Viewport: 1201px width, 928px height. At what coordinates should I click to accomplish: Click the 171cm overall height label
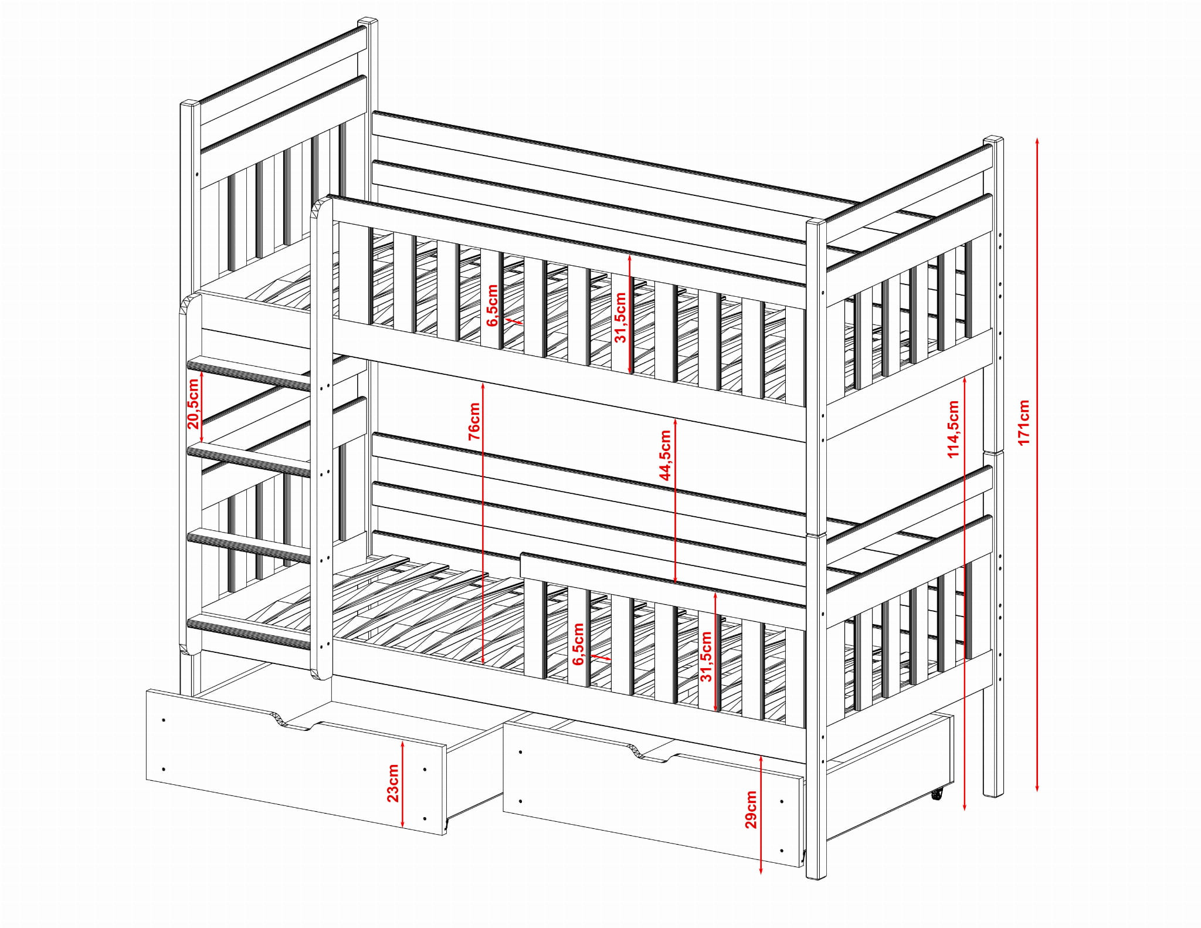tap(1023, 422)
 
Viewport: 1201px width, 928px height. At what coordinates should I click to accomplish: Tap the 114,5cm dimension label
tap(953, 429)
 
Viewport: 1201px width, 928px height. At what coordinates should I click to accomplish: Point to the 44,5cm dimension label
tap(665, 455)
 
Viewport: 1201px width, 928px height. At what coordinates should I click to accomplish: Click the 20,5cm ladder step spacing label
tap(194, 404)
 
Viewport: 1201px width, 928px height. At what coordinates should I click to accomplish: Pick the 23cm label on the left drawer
tap(392, 783)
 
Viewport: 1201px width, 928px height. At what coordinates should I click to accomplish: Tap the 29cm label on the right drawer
tap(751, 810)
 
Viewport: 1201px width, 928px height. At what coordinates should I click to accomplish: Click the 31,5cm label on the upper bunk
tap(620, 317)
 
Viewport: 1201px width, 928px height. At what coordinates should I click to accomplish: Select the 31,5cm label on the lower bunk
tap(706, 656)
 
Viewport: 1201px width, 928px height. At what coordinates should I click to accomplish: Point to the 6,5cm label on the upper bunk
tap(493, 305)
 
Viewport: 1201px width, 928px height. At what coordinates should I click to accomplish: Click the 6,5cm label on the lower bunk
tap(578, 644)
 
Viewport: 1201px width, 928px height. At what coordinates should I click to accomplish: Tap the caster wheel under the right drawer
tap(937, 794)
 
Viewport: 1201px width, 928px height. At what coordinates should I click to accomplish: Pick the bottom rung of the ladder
tap(249, 632)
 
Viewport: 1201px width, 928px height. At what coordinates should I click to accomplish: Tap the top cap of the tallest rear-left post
tap(368, 22)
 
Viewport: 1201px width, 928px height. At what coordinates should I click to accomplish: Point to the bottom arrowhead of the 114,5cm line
tap(965, 807)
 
